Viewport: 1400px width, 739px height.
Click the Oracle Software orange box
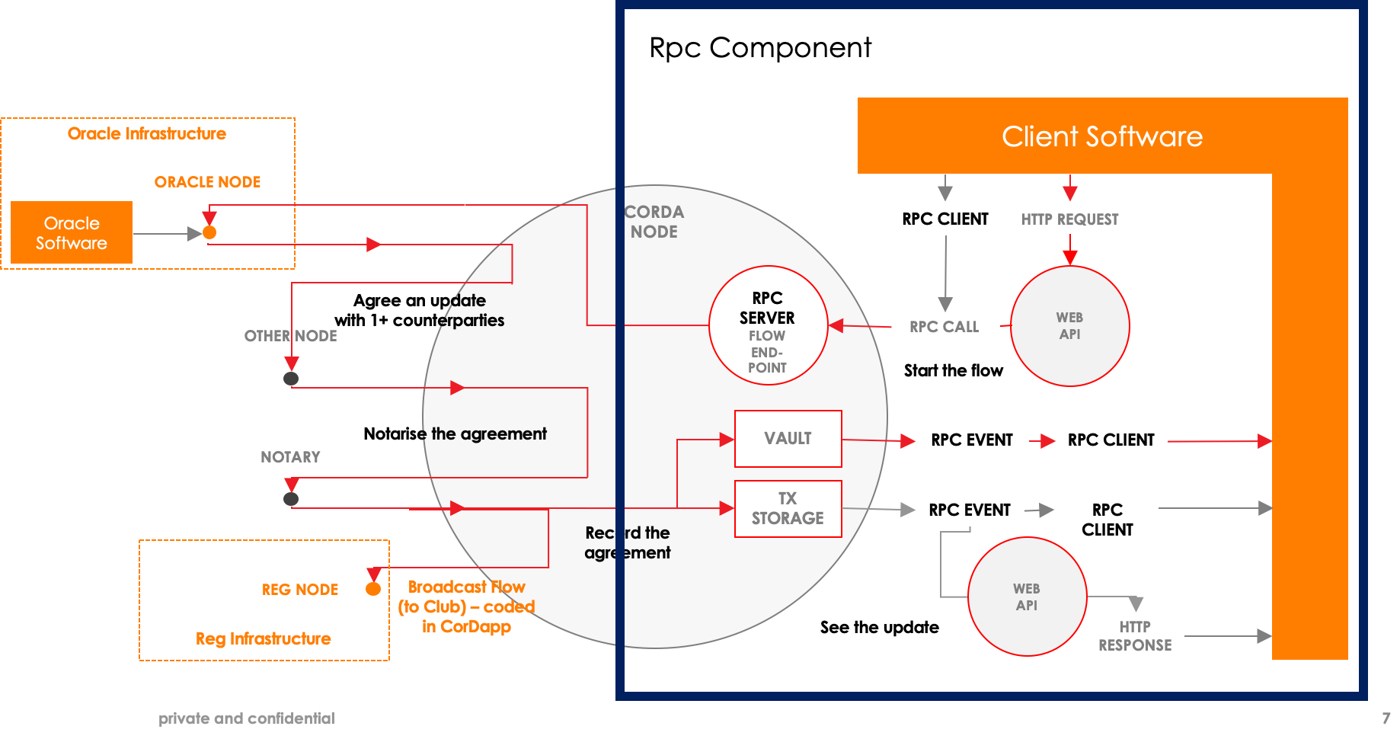[x=72, y=232]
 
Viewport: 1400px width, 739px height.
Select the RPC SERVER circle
[x=768, y=325]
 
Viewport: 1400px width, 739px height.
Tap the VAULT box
[x=788, y=439]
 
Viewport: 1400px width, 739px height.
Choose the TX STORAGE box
[x=788, y=508]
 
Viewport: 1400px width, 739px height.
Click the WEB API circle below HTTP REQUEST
[x=1069, y=326]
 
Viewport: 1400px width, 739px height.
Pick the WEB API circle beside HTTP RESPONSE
[x=1027, y=597]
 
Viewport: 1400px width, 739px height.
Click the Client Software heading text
[x=1101, y=136]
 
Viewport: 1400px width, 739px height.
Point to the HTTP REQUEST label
[x=1069, y=219]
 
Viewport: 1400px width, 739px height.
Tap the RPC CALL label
[x=944, y=327]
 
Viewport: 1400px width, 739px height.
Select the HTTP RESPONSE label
[x=1135, y=636]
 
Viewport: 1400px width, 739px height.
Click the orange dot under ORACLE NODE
[x=209, y=232]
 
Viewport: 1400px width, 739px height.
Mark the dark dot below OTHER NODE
[x=291, y=379]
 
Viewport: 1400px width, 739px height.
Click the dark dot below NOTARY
[x=291, y=499]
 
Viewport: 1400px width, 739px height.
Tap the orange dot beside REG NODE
[x=373, y=589]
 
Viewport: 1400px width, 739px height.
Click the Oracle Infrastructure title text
[x=147, y=134]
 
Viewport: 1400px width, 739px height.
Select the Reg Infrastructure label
[x=264, y=638]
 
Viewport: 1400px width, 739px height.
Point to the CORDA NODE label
[x=654, y=222]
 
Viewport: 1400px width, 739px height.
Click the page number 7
[x=1386, y=718]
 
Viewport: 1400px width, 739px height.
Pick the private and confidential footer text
[x=246, y=718]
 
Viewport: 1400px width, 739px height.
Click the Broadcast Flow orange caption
[x=466, y=606]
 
